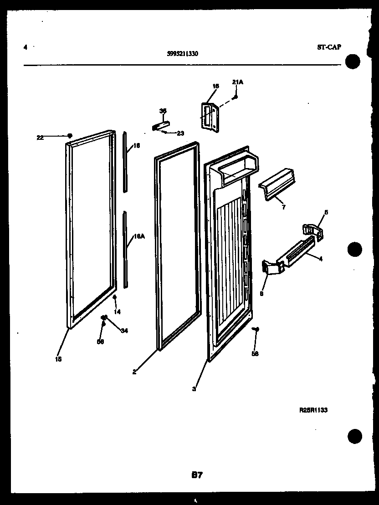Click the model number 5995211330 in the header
point(182,53)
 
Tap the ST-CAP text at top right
point(328,47)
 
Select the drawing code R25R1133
point(313,410)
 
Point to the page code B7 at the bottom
point(197,475)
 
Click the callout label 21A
point(237,82)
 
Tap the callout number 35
point(163,111)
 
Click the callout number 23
point(180,133)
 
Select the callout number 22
point(40,138)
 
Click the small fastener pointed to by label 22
point(69,135)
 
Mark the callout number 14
point(117,311)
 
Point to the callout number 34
point(124,331)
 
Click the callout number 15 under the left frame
point(58,359)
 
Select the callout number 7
point(283,207)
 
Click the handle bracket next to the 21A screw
point(209,117)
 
